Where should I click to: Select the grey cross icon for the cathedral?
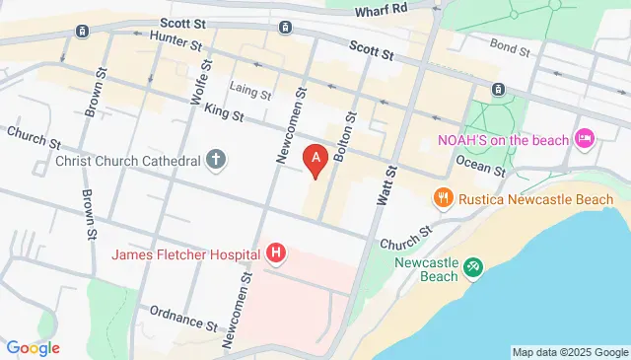pyautogui.click(x=216, y=159)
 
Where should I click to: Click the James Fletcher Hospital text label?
pyautogui.click(x=185, y=254)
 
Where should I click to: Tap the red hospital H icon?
pyautogui.click(x=277, y=254)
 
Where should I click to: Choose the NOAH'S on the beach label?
pyautogui.click(x=503, y=139)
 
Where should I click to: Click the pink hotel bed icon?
pyautogui.click(x=584, y=139)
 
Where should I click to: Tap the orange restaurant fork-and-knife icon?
pyautogui.click(x=443, y=198)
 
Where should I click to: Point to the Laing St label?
pyautogui.click(x=251, y=93)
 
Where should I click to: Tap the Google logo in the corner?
pyautogui.click(x=33, y=348)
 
